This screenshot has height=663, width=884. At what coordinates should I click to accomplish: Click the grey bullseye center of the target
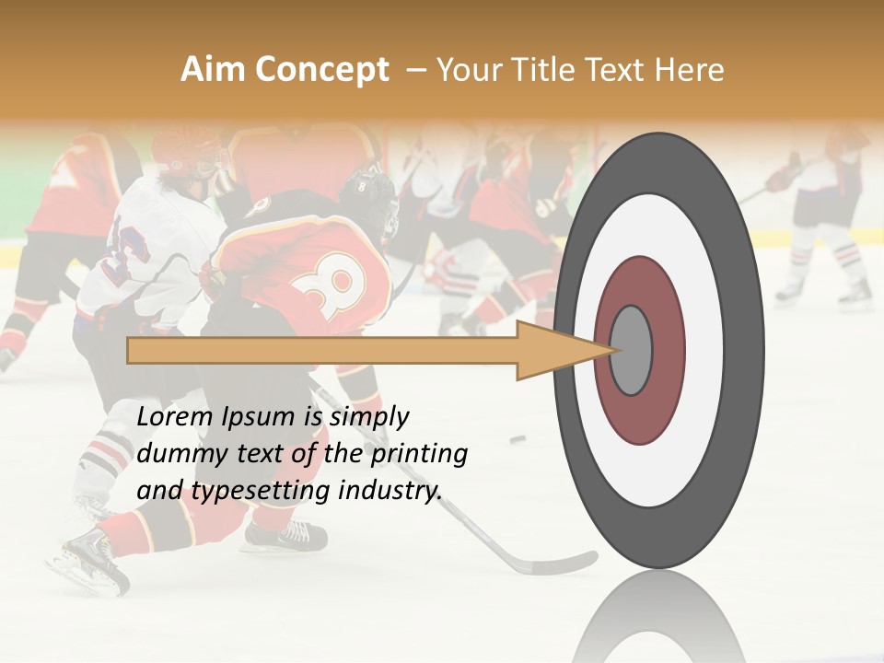point(632,350)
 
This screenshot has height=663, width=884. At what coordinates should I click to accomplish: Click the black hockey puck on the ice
point(518,438)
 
